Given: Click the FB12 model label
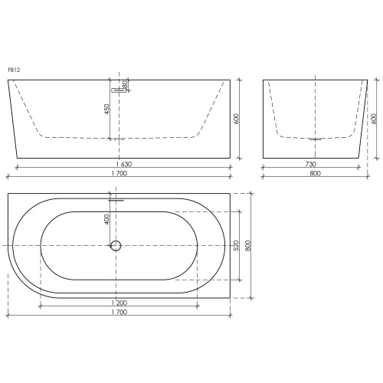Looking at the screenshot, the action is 14,70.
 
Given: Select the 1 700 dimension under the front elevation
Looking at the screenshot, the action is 119,173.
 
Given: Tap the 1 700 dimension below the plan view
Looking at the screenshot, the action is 119,312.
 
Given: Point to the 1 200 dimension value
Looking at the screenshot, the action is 119,303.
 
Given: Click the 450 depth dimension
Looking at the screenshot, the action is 107,109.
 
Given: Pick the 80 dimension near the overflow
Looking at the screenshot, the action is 125,85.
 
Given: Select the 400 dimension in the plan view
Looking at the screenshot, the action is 106,219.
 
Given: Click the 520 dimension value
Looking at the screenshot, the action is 236,245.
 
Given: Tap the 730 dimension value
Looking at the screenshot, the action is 311,164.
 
